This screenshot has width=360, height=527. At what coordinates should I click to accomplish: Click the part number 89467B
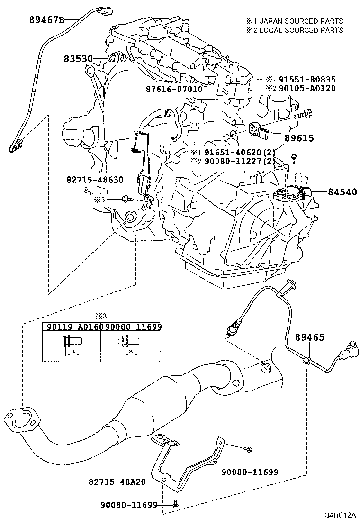coord(46,20)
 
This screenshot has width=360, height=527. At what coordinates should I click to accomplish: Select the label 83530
coord(78,58)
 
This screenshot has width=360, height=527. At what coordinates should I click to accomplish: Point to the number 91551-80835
coord(313,80)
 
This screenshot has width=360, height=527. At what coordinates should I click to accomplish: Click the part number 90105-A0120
coord(313,89)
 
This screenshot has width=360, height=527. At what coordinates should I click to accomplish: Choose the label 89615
coord(299,138)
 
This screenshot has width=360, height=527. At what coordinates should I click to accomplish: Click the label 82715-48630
coord(95,180)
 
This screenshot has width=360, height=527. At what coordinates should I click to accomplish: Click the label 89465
coord(310,337)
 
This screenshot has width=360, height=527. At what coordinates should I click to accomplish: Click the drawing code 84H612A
coord(340,516)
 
